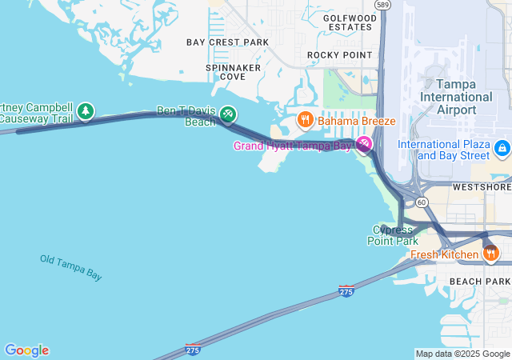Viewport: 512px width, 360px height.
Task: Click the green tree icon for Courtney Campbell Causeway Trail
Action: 86,111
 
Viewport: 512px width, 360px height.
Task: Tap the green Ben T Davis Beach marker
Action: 228,115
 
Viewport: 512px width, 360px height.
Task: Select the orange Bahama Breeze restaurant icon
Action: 305,121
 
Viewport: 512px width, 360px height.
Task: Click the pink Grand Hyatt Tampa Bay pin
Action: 364,144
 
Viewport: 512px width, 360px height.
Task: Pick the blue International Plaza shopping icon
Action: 502,147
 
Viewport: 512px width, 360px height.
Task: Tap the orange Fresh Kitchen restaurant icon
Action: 490,254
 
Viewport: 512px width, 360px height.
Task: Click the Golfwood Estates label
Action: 350,22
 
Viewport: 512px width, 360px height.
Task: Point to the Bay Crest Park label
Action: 227,42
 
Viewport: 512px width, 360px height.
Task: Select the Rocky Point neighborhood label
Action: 340,54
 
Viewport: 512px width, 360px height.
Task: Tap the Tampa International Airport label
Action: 456,96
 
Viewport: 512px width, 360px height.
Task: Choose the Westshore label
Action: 482,186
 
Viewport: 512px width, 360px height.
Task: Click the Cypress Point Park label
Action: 393,235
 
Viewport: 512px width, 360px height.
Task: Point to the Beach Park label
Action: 479,282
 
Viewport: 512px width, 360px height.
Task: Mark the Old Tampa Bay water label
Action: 71,267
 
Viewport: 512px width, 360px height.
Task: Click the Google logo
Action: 26,350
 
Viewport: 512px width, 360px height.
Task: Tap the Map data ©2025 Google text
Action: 462,354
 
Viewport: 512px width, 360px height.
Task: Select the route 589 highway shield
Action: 384,5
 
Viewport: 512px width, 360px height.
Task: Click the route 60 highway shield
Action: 422,202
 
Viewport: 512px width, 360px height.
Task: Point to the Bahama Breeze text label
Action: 357,121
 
